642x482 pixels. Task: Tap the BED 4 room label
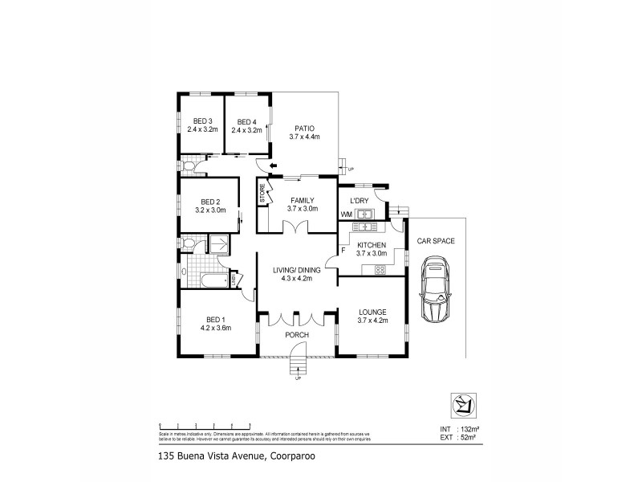[246, 121]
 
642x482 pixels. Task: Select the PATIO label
[304, 128]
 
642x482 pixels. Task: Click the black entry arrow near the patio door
[273, 166]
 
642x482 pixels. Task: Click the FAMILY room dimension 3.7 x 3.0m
[303, 209]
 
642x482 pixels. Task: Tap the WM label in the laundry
[346, 214]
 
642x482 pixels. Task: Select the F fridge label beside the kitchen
[343, 251]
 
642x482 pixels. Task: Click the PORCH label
[297, 337]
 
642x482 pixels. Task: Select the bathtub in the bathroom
[213, 280]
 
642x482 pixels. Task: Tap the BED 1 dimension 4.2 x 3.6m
[216, 328]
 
